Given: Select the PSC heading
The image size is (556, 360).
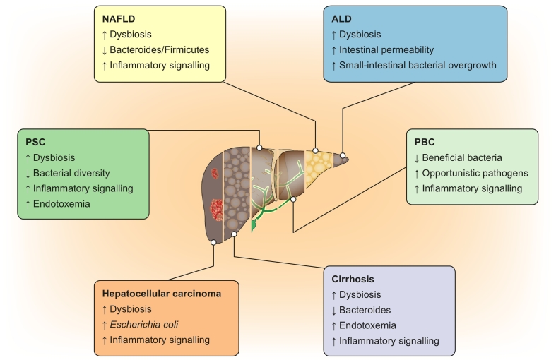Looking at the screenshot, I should coord(35,142).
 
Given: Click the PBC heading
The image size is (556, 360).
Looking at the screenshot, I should coord(426,142).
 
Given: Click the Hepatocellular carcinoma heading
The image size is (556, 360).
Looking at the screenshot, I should coord(162,293).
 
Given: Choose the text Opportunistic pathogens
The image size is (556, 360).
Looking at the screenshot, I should coord(475,173).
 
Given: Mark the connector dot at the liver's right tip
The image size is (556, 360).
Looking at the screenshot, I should coord(343,155).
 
